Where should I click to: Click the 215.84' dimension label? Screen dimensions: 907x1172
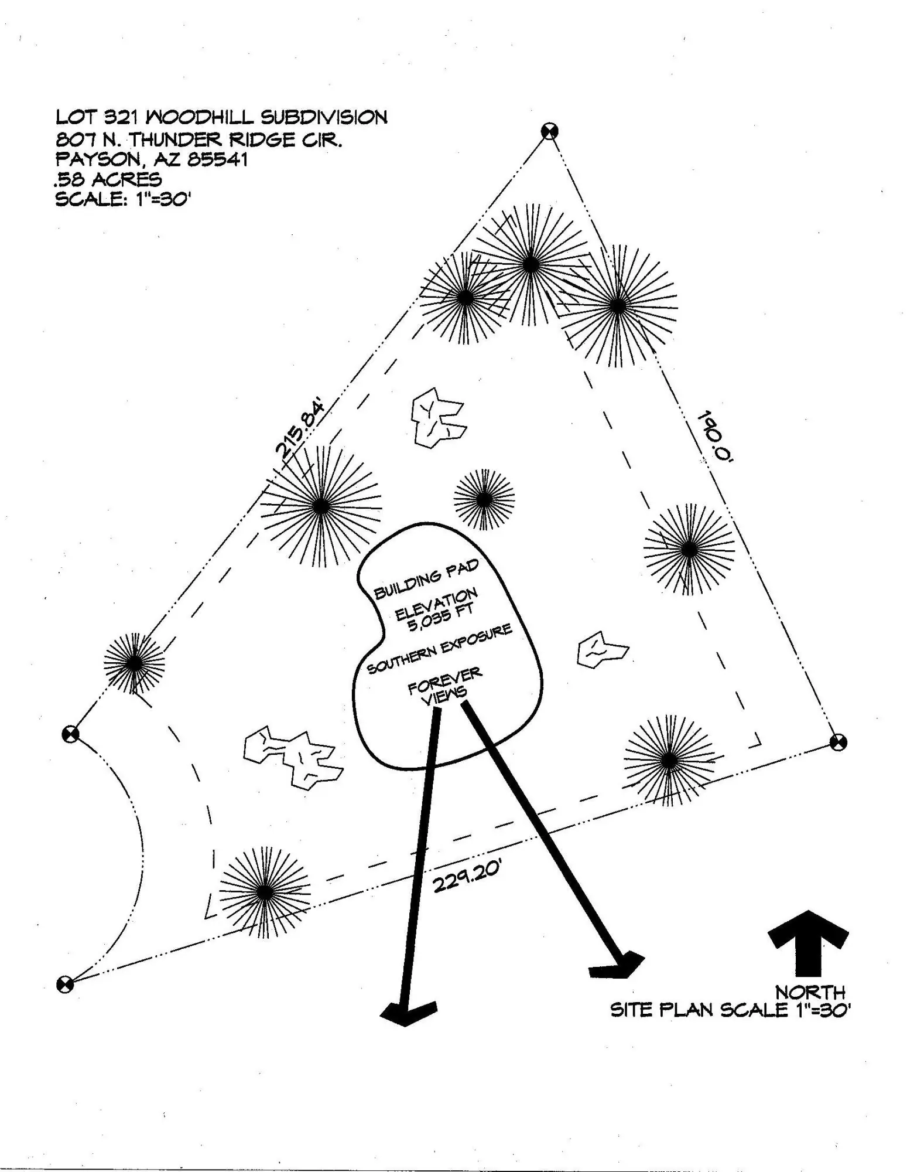[x=300, y=428]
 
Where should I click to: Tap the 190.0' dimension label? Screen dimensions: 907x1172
[x=715, y=438]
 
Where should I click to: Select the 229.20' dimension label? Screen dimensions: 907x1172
[x=467, y=877]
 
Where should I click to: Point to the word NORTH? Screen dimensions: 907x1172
[x=810, y=992]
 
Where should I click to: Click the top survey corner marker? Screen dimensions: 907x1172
[x=549, y=131]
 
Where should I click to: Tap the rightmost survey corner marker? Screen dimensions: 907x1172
[x=838, y=742]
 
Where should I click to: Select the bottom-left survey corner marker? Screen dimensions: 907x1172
[x=65, y=984]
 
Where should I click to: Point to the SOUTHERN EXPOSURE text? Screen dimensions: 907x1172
[x=439, y=649]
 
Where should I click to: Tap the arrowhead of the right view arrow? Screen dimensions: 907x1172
[x=617, y=965]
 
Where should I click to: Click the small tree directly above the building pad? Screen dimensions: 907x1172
[x=484, y=500]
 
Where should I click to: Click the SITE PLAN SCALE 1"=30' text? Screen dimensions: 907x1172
[x=730, y=1010]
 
